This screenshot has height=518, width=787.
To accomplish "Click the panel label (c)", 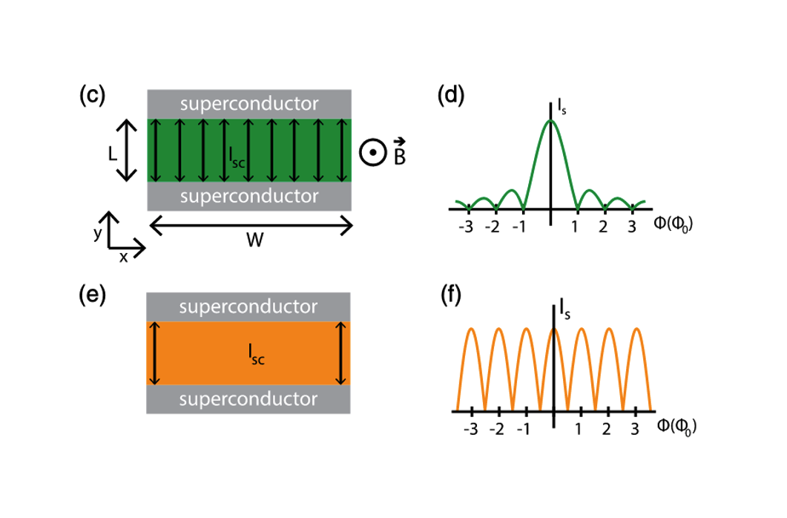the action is click(93, 95).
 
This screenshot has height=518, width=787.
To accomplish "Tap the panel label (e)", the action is click(93, 295).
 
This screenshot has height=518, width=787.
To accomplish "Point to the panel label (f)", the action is click(451, 295).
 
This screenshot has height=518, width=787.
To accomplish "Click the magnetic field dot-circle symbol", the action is click(373, 153).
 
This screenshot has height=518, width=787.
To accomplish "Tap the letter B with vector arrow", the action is click(400, 152).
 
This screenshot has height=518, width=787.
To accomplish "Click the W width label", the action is click(255, 240).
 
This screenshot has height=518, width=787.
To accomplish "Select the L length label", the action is click(113, 154).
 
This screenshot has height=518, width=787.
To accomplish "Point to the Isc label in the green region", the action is click(237, 157).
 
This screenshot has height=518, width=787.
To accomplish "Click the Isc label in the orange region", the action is click(257, 354).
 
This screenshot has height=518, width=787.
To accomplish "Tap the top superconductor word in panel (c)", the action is click(249, 103).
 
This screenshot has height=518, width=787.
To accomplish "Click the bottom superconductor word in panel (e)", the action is click(248, 399).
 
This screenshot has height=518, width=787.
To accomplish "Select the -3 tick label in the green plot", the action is click(466, 227).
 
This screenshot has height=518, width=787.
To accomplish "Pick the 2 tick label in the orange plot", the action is click(606, 429).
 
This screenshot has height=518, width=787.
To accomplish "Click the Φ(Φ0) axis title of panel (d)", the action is click(673, 223).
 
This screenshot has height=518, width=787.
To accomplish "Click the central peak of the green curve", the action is click(550, 121).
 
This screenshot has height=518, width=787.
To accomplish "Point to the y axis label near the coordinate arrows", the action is click(97, 233).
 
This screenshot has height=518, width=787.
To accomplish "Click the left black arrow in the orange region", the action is click(154, 353).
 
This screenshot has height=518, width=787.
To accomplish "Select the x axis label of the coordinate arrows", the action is click(123, 258).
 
